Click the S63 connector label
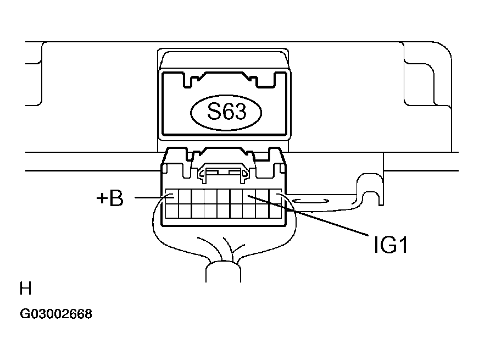[225, 113]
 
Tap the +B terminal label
[110, 198]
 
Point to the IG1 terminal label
[391, 245]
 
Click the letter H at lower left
[25, 289]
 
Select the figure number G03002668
[56, 314]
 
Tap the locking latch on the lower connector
[224, 173]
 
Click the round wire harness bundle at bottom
[224, 272]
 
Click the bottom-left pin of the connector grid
[171, 210]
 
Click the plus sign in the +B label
[102, 199]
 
